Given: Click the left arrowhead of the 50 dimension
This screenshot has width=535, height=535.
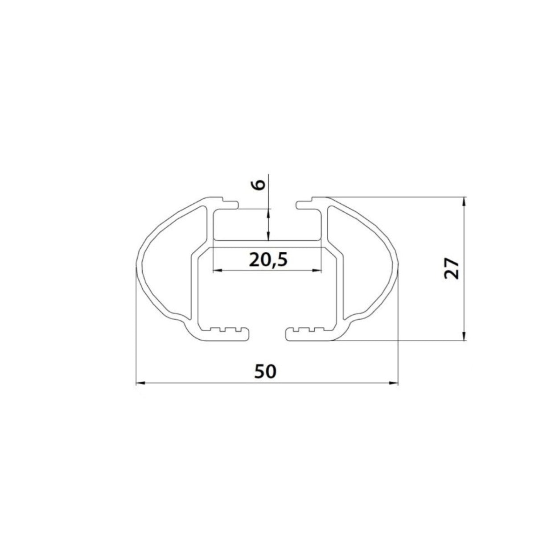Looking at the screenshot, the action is click(140, 383).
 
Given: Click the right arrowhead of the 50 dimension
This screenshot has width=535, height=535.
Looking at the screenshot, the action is click(393, 383).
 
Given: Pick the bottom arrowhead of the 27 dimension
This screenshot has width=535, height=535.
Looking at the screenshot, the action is click(464, 336).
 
